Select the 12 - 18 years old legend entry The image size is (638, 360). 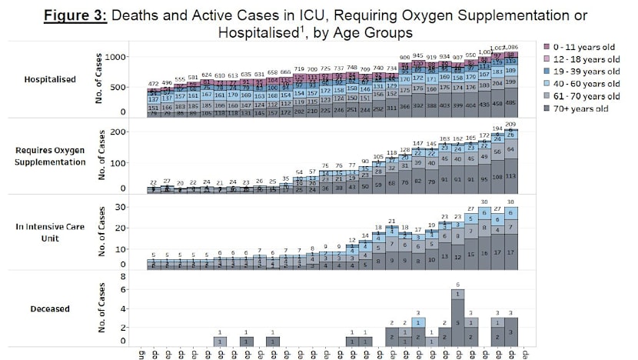tap(585, 59)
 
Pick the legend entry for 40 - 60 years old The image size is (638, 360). tap(585, 83)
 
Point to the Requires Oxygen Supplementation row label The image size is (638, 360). tap(54, 157)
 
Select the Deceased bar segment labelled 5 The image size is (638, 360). tap(457, 323)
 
